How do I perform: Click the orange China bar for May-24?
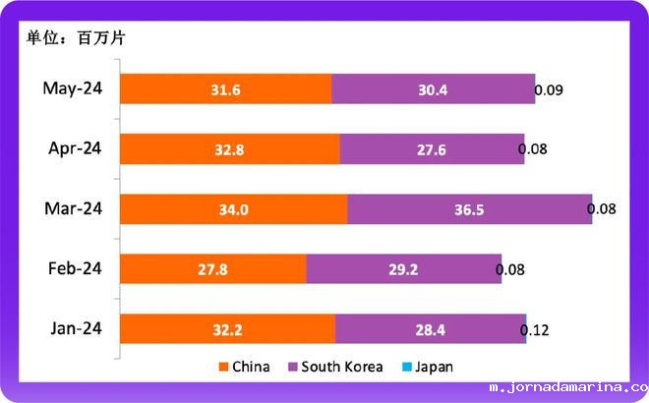click(225, 89)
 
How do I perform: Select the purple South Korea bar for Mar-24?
click(469, 208)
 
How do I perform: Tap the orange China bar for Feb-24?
click(213, 268)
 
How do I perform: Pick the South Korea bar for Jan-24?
click(431, 328)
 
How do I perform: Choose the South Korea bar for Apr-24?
click(432, 149)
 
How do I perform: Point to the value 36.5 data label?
click(471, 209)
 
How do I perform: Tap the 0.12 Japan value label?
click(534, 330)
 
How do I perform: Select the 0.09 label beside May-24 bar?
click(549, 92)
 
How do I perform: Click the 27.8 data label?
click(213, 269)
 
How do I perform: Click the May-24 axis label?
click(73, 89)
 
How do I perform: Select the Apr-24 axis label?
click(75, 149)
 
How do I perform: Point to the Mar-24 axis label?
click(74, 208)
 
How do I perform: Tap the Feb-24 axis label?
click(75, 268)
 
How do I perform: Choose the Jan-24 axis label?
click(76, 328)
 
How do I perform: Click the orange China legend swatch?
click(223, 367)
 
